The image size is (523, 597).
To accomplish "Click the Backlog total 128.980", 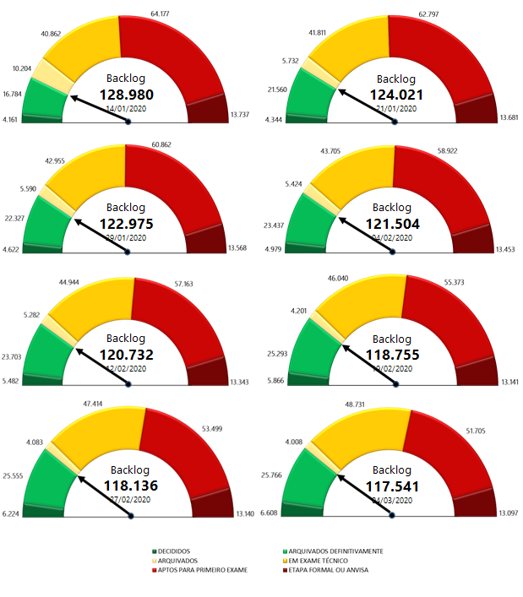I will tap(127, 95).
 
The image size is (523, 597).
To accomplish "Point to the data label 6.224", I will tap(11, 513).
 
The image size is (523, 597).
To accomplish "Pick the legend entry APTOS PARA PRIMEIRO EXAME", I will tap(199, 569).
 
